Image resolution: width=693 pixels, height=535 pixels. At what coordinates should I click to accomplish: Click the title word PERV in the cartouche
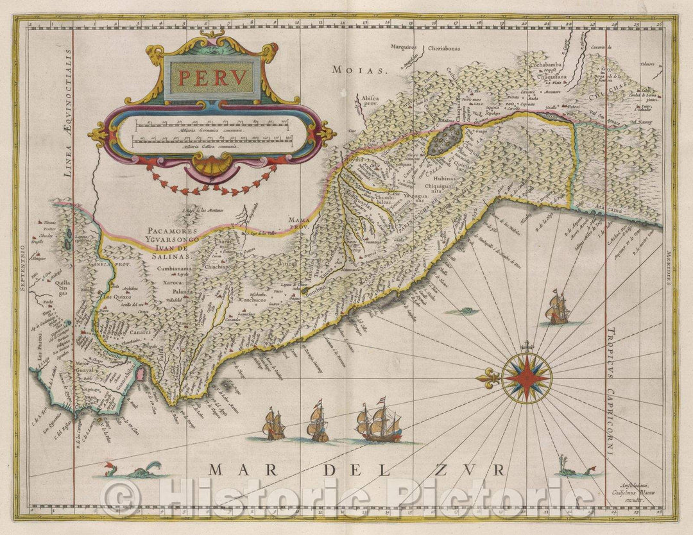point(212,78)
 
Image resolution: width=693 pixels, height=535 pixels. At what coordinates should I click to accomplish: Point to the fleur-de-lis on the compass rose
point(489,377)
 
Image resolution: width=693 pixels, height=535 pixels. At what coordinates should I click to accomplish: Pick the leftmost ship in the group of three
point(275,425)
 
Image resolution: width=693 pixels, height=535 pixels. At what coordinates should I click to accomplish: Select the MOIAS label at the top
point(357,70)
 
